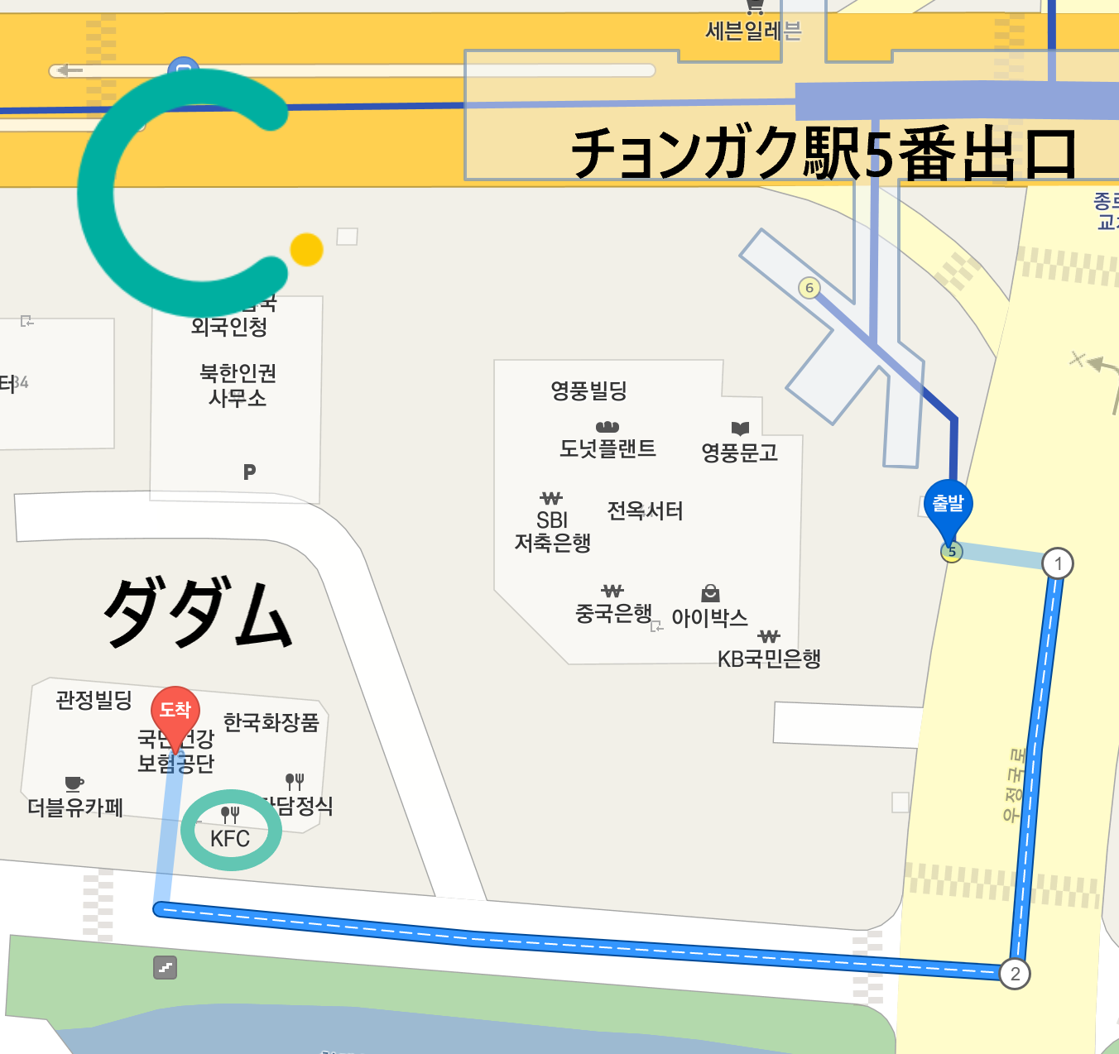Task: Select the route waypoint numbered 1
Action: pyautogui.click(x=1057, y=564)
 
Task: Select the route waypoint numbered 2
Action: pyautogui.click(x=1015, y=974)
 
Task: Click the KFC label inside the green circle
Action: pyautogui.click(x=230, y=838)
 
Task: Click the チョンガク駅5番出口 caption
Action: pyautogui.click(x=824, y=154)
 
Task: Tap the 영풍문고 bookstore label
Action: pyautogui.click(x=739, y=452)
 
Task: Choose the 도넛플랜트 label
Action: pyautogui.click(x=608, y=448)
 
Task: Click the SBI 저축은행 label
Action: pyautogui.click(x=552, y=531)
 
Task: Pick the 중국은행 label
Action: pyautogui.click(x=613, y=613)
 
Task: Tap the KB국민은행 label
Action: pyautogui.click(x=769, y=659)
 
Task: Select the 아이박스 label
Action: pyautogui.click(x=709, y=617)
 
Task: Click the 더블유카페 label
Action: pyautogui.click(x=75, y=807)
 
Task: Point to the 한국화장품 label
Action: pyautogui.click(x=271, y=722)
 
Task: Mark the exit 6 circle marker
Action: pyautogui.click(x=809, y=288)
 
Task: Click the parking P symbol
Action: pyautogui.click(x=249, y=472)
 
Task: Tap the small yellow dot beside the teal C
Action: pyautogui.click(x=306, y=250)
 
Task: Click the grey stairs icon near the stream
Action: pyautogui.click(x=166, y=967)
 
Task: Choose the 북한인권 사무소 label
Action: pyautogui.click(x=238, y=386)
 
